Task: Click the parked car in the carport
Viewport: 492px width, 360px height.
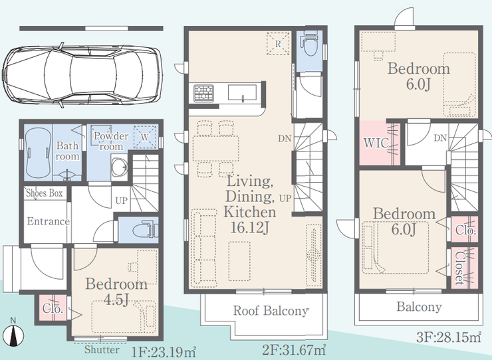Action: [x=82, y=75]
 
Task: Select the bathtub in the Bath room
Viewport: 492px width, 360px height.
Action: [x=39, y=153]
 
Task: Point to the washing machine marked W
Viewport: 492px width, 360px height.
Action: [x=145, y=137]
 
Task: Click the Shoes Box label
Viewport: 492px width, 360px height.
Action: [x=45, y=193]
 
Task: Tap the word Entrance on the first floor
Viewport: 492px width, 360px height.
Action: [x=49, y=221]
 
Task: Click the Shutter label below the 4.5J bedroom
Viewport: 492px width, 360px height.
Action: [x=102, y=349]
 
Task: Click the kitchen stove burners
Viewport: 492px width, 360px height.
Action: [x=203, y=93]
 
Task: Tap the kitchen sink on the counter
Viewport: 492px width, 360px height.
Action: [x=242, y=92]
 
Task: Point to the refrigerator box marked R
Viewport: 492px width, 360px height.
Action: [x=278, y=44]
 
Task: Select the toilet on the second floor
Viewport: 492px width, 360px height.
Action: [x=309, y=43]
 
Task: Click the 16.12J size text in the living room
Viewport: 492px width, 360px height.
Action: [x=250, y=227]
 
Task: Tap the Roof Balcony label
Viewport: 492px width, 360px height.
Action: [x=271, y=310]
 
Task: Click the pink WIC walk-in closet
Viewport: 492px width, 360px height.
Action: [x=379, y=143]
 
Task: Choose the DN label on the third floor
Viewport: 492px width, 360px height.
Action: [x=440, y=137]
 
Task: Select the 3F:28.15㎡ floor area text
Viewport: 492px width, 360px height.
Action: [x=449, y=337]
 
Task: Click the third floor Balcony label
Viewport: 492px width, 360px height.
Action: [x=419, y=307]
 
